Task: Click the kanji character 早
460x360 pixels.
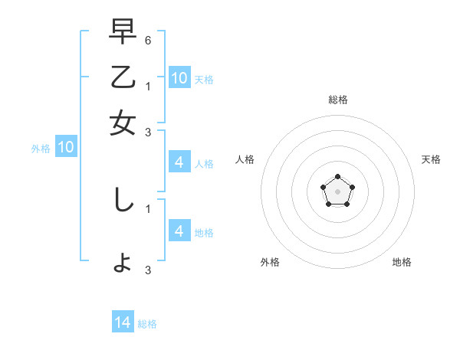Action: pos(123,32)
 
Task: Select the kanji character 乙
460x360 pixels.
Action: pos(123,77)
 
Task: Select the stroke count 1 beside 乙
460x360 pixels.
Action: pos(148,86)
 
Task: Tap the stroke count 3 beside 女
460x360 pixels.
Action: pos(148,131)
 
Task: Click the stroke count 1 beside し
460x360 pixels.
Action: pos(148,208)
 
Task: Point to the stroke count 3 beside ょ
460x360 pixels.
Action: pos(148,270)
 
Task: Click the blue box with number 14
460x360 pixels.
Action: pos(123,323)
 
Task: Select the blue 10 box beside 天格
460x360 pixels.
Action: pos(179,77)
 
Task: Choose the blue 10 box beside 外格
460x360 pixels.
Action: pos(66,148)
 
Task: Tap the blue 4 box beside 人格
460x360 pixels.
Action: pos(179,162)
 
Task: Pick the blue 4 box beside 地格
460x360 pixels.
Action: pos(179,231)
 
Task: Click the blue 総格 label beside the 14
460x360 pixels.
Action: pos(147,324)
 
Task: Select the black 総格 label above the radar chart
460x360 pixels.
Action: pos(337,100)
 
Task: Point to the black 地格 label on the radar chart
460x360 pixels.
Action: pos(402,263)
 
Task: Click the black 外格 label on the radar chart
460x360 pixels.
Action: pos(270,263)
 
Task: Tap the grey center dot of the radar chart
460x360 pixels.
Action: pos(337,191)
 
